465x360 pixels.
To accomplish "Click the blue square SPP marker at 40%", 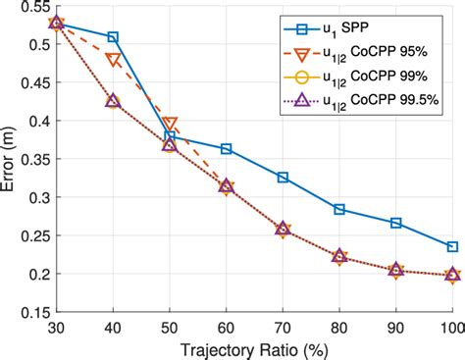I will (x=113, y=37).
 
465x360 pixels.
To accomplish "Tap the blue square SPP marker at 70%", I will (x=283, y=178).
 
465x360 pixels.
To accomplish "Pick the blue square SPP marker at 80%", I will (x=339, y=209).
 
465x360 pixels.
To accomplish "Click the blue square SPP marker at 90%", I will (x=396, y=223).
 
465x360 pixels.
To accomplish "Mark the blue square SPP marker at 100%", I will (x=452, y=246).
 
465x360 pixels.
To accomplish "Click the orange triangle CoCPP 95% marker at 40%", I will (x=113, y=60).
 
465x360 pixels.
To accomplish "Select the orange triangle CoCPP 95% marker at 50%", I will (x=170, y=124).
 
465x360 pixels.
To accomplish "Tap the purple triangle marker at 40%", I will (x=113, y=101).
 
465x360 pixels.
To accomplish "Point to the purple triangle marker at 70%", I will (x=283, y=229).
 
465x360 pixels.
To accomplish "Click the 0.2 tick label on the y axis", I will (x=37, y=275).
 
